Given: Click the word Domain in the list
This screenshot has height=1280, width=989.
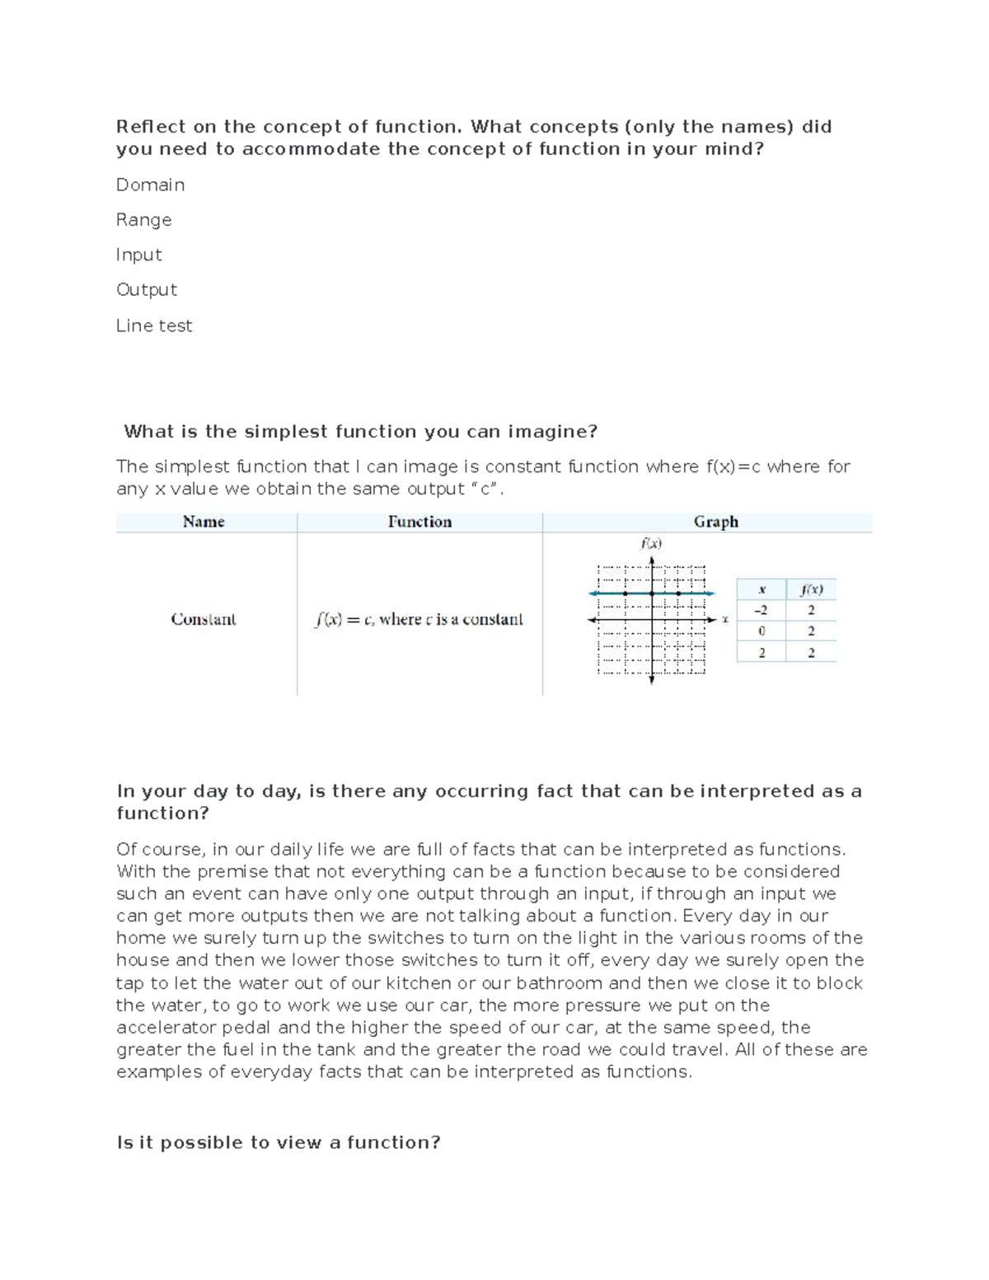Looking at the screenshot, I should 150,185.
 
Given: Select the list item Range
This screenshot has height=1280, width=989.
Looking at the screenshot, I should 143,220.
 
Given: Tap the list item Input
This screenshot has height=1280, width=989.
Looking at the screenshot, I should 138,255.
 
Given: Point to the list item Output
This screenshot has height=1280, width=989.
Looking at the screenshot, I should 146,290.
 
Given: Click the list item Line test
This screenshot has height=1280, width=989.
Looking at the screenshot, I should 154,326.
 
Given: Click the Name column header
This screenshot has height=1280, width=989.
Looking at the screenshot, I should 204,522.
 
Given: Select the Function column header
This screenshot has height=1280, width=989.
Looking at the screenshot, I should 420,522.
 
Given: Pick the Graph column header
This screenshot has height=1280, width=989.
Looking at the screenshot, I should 715,522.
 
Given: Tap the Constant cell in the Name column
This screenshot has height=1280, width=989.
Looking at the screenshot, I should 204,619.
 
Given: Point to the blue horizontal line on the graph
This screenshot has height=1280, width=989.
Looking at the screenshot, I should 610,593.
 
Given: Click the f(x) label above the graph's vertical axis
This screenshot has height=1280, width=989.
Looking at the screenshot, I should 651,543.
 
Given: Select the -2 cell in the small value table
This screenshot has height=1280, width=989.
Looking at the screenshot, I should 760,611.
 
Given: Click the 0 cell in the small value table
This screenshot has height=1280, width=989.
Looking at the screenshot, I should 761,631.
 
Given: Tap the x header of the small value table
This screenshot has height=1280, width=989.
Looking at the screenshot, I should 762,589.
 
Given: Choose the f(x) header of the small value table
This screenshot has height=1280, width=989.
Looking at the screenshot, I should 811,589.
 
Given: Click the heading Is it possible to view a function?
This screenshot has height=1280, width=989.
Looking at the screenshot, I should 279,1142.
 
